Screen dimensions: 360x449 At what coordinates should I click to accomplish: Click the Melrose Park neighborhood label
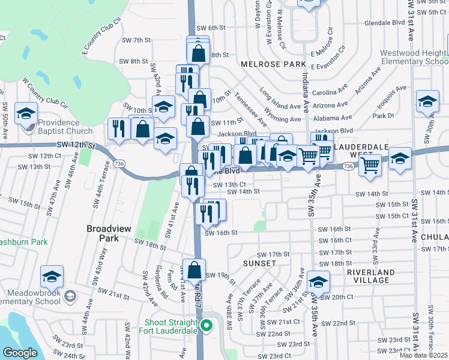pyautogui.click(x=265, y=64)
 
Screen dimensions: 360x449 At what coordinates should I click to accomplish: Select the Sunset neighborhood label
pyautogui.click(x=259, y=263)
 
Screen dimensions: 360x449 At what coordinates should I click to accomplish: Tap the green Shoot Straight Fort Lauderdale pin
pyautogui.click(x=207, y=326)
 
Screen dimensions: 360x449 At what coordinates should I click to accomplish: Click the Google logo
pyautogui.click(x=20, y=353)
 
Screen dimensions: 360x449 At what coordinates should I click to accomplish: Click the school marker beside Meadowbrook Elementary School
pyautogui.click(x=52, y=277)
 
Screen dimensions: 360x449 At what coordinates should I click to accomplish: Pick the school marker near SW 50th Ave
pyautogui.click(x=26, y=113)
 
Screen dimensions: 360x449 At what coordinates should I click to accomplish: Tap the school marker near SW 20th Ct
pyautogui.click(x=318, y=281)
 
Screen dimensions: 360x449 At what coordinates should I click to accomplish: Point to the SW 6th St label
pyautogui.click(x=212, y=28)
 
